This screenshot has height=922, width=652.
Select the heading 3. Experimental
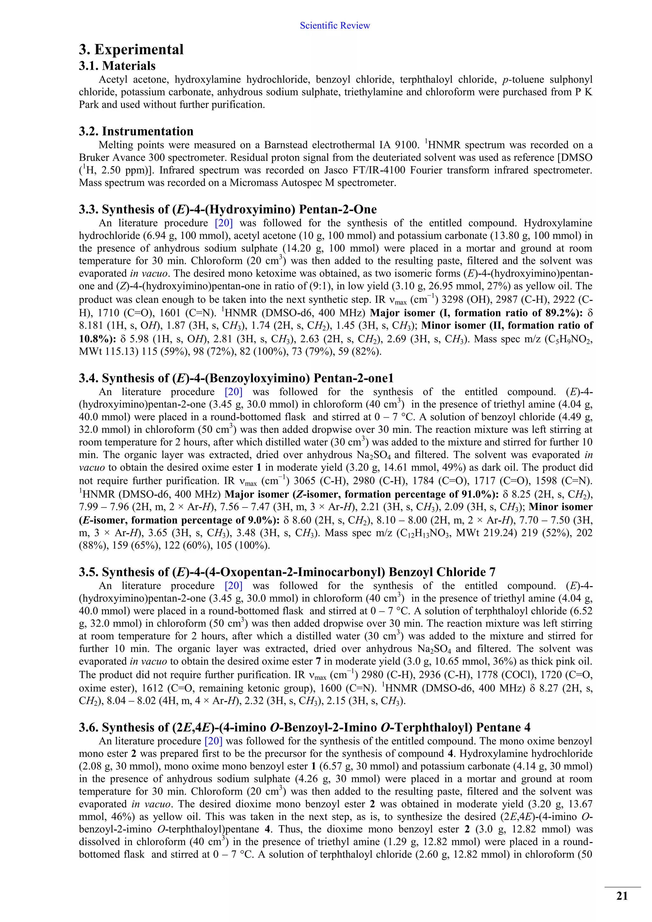(x=131, y=49)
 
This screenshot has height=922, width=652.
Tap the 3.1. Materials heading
(x=117, y=66)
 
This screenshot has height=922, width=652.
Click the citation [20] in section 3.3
(x=223, y=223)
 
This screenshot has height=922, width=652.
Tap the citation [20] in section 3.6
(x=213, y=741)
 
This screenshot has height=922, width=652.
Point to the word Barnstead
(x=286, y=145)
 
